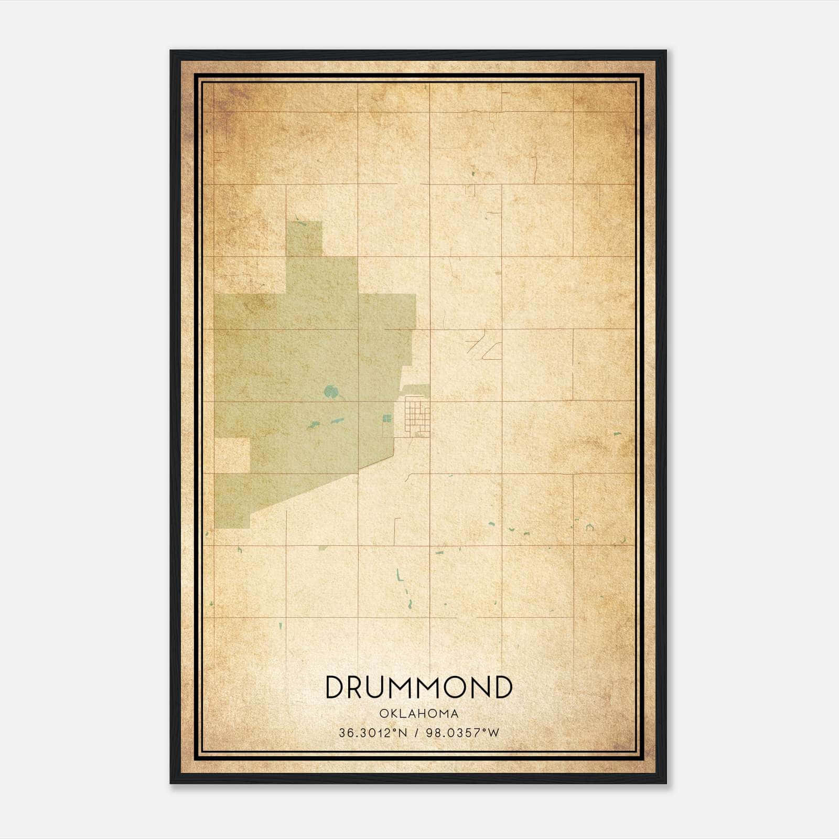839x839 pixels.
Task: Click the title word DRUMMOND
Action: click(418, 687)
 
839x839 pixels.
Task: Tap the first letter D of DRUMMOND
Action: click(335, 687)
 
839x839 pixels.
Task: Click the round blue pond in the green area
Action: click(330, 391)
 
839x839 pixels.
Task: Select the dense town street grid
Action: click(417, 417)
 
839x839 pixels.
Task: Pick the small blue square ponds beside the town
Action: click(387, 418)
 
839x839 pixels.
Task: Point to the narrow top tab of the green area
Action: click(304, 239)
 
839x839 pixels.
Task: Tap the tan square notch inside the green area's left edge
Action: click(232, 455)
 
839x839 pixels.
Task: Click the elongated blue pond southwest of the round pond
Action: click(336, 421)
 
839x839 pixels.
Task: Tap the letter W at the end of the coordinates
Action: click(493, 733)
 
